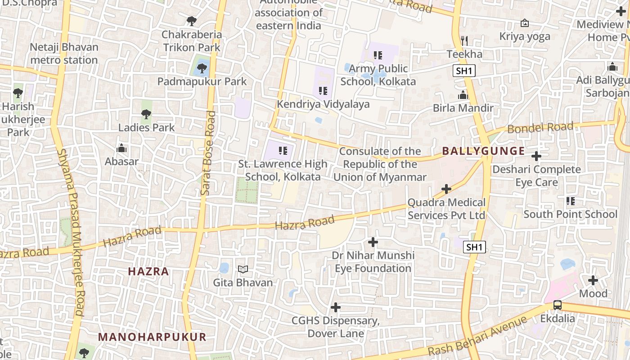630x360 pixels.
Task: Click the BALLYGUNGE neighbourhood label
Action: (x=483, y=151)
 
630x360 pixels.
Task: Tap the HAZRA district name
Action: (x=148, y=271)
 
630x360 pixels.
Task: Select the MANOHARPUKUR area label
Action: (x=152, y=337)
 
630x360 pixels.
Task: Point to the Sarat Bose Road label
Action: (x=208, y=153)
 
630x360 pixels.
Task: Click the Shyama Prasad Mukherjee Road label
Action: (x=72, y=232)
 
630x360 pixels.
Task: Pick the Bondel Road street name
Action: (x=540, y=127)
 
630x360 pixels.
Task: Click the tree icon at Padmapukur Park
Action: (x=202, y=68)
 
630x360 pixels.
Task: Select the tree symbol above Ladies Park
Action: (x=146, y=114)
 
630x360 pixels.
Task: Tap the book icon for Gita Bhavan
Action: (x=243, y=269)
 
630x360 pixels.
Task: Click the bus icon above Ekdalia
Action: (x=558, y=305)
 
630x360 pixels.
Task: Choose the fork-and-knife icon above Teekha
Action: (x=464, y=41)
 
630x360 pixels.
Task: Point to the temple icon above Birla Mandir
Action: (x=463, y=95)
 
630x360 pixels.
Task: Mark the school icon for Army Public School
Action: (x=378, y=55)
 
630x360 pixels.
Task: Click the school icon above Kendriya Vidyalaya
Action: (x=323, y=91)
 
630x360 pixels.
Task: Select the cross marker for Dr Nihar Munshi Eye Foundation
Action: (x=373, y=242)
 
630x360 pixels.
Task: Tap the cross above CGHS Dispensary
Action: (x=336, y=307)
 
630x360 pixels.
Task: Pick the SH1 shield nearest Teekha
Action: (x=464, y=70)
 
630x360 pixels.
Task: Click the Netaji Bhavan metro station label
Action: (x=63, y=54)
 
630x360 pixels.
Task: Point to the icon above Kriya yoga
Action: (x=525, y=23)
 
